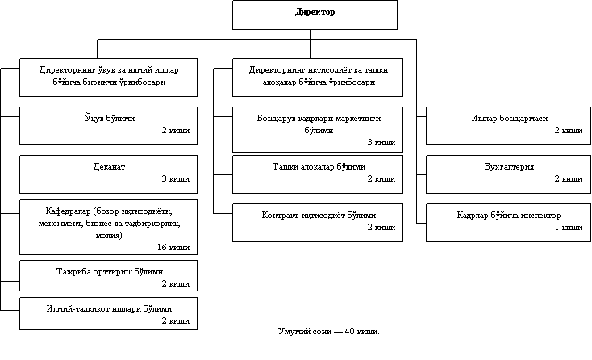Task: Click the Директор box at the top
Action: tap(315, 15)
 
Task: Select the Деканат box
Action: tap(108, 173)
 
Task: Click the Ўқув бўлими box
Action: tap(108, 125)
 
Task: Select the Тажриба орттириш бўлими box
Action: tap(108, 274)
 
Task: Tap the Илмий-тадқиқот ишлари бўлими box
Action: tap(108, 313)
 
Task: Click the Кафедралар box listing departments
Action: tap(108, 225)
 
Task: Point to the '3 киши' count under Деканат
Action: tap(175, 178)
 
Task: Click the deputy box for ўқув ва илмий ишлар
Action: tap(108, 77)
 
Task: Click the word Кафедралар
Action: tap(69, 212)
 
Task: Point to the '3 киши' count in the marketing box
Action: tap(381, 142)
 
